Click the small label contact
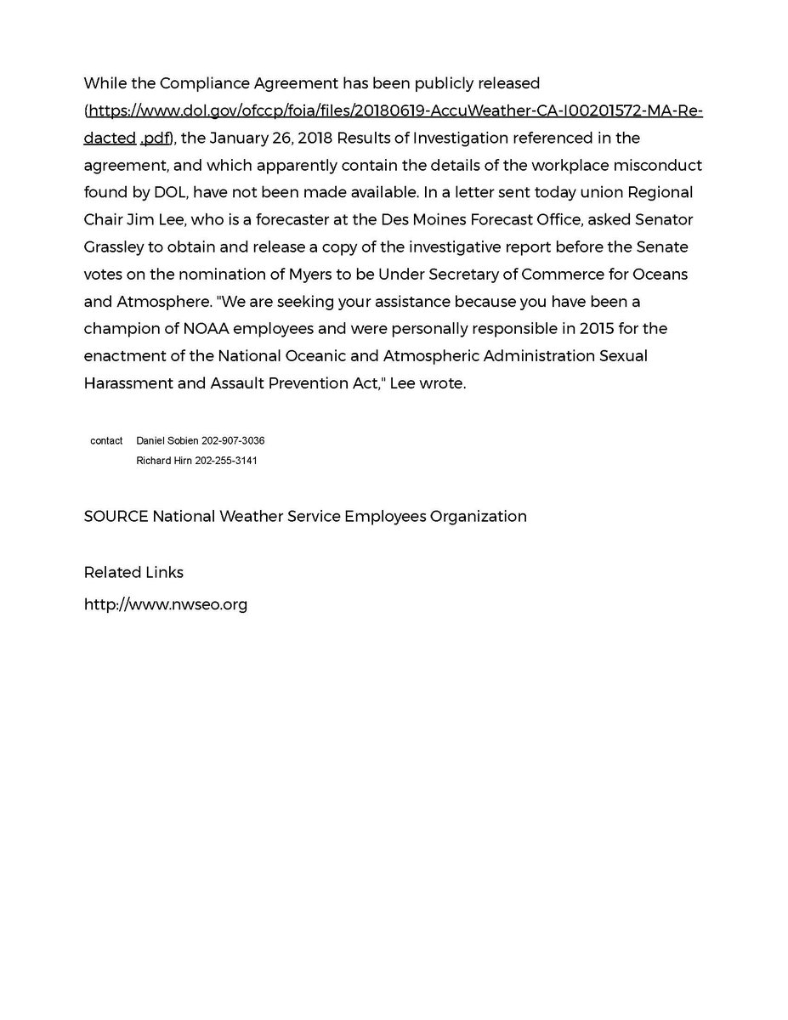pyautogui.click(x=106, y=441)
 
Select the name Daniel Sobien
pyautogui.click(x=167, y=441)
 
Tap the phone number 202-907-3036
pyautogui.click(x=234, y=441)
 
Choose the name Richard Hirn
pyautogui.click(x=165, y=461)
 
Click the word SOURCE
pyautogui.click(x=116, y=516)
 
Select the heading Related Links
pyautogui.click(x=133, y=572)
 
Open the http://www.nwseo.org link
pyautogui.click(x=166, y=605)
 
